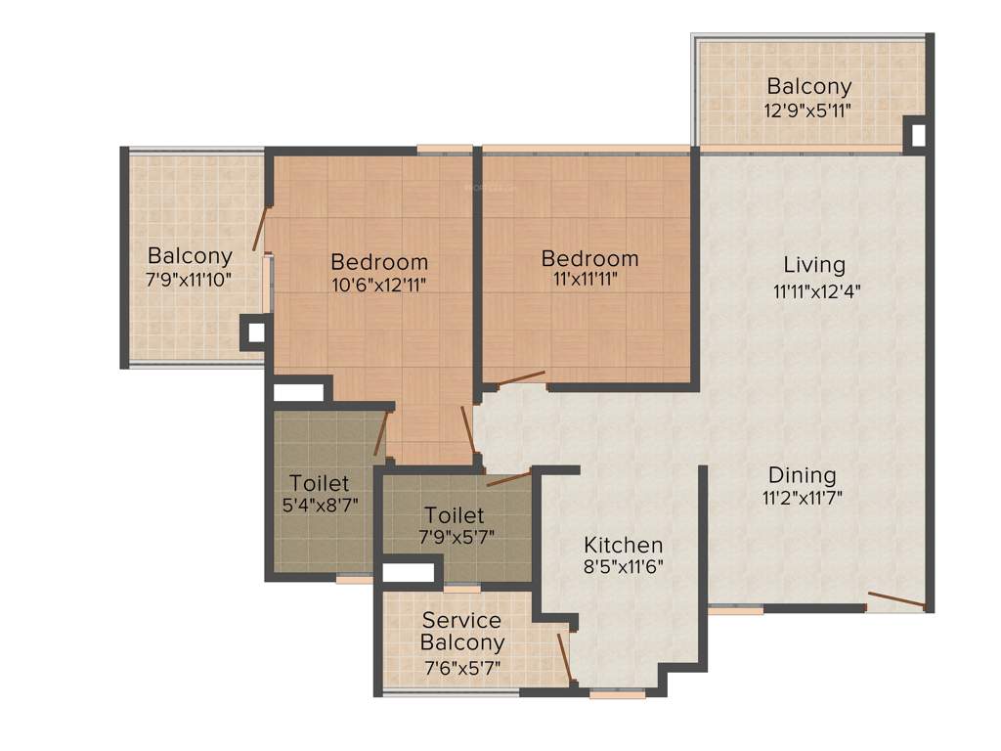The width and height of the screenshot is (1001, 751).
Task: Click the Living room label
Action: [814, 265]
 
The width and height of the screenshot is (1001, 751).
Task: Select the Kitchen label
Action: [623, 545]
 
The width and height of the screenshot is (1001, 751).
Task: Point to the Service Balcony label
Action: [462, 632]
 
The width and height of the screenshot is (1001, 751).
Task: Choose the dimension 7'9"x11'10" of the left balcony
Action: [189, 279]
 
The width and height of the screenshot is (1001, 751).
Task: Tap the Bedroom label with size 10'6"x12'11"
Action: [379, 262]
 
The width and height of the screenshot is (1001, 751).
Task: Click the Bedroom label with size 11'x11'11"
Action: [589, 259]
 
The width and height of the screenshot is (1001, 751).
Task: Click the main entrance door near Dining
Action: [895, 599]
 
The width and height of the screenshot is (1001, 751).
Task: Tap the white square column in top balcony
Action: [917, 135]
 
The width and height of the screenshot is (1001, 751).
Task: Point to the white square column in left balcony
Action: [255, 332]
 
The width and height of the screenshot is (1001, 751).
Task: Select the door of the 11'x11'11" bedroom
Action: [519, 378]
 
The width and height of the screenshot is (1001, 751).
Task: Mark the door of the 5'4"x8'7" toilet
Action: [381, 434]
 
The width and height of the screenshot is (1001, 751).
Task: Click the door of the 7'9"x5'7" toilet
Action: [508, 478]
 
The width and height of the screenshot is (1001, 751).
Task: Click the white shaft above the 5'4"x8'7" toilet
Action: [299, 392]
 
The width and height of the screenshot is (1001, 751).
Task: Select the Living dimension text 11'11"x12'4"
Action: [816, 289]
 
